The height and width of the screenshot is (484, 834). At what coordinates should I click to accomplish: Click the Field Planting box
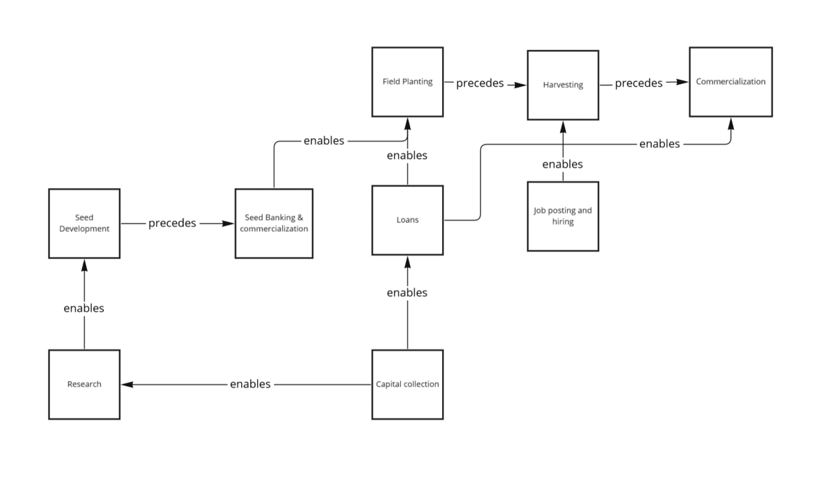(407, 82)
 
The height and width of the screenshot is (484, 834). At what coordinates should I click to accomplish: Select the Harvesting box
(562, 85)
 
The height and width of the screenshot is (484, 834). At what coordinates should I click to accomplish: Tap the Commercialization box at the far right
(730, 82)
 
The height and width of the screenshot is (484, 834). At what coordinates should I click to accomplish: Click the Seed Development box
(84, 224)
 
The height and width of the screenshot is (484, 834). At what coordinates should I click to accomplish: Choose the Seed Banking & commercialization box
(274, 224)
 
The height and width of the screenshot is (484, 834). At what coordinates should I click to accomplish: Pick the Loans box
(407, 220)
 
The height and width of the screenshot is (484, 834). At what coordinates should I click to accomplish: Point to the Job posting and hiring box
(562, 216)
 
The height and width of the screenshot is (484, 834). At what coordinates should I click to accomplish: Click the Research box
(84, 384)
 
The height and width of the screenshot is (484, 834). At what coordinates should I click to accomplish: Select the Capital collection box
(407, 384)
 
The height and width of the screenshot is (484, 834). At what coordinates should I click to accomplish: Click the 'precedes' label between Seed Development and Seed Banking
(172, 224)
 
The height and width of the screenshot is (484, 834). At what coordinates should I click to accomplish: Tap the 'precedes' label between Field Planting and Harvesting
(480, 83)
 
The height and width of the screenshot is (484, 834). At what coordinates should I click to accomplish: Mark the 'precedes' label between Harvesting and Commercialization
(639, 83)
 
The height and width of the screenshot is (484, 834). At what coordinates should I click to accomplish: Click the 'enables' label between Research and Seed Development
(84, 308)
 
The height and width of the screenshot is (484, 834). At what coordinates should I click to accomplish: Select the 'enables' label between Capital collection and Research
(250, 384)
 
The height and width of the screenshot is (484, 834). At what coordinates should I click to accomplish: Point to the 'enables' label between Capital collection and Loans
(407, 292)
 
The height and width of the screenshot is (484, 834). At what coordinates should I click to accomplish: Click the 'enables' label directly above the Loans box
(407, 156)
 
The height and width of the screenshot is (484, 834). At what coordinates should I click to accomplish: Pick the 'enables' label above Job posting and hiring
(562, 165)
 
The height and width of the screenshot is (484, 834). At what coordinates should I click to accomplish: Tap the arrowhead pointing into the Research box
(126, 384)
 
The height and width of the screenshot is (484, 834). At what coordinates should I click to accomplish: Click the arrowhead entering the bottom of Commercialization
(730, 124)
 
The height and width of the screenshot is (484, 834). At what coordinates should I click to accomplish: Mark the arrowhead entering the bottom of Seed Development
(84, 265)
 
